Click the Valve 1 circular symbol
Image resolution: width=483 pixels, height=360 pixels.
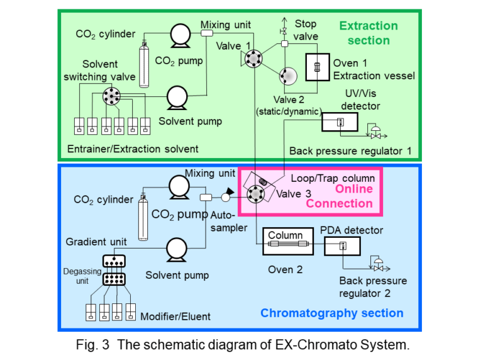254,59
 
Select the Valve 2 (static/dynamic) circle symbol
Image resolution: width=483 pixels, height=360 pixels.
289,76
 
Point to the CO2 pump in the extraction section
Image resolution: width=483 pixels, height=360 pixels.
180,35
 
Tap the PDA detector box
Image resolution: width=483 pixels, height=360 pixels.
341,246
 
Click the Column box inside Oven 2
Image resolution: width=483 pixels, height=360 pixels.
286,240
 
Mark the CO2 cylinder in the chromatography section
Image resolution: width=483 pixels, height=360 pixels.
143,217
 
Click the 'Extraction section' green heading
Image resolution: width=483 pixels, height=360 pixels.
369,33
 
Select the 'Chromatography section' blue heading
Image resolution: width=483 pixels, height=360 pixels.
332,313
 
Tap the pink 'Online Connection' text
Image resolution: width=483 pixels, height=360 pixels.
340,196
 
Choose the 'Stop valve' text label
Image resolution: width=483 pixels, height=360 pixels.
306,30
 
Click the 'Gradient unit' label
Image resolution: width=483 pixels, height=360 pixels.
96,242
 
